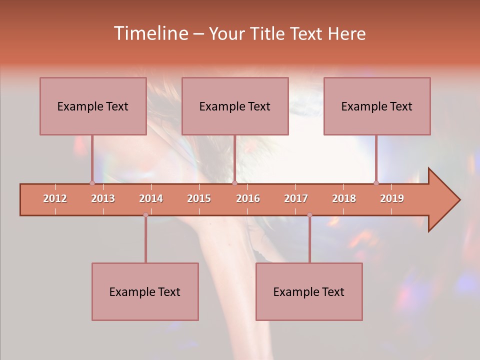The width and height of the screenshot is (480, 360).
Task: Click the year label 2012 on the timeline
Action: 55,198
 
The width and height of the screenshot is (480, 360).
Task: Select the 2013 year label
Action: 103,198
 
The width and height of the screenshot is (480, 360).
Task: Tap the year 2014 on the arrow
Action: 151,198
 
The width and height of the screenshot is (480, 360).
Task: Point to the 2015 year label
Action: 199,198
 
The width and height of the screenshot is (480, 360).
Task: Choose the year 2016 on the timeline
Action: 248,198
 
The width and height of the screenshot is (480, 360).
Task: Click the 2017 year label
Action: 296,198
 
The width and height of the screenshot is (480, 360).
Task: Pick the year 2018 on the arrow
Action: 344,198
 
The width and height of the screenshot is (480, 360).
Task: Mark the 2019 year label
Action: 392,198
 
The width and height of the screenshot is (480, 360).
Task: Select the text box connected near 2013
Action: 93,106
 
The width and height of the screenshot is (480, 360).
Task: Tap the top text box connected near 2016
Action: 235,106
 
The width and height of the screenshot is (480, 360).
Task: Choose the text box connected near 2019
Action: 377,106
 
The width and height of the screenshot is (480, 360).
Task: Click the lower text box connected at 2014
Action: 145,291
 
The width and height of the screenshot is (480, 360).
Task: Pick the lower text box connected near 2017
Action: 309,291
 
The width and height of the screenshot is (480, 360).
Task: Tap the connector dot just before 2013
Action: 92,183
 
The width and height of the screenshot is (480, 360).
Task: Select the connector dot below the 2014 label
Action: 145,215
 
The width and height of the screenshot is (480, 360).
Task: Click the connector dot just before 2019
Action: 376,183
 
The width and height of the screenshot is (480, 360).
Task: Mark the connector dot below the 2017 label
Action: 309,215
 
